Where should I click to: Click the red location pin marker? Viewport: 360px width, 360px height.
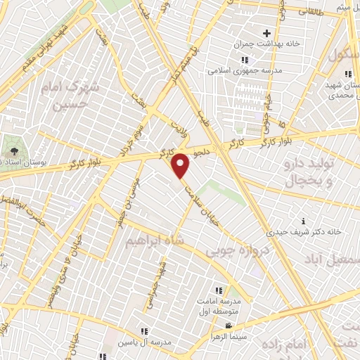181,165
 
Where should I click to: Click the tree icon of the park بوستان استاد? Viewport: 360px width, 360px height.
13,151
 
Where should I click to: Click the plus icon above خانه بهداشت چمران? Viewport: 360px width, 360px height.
266,32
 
